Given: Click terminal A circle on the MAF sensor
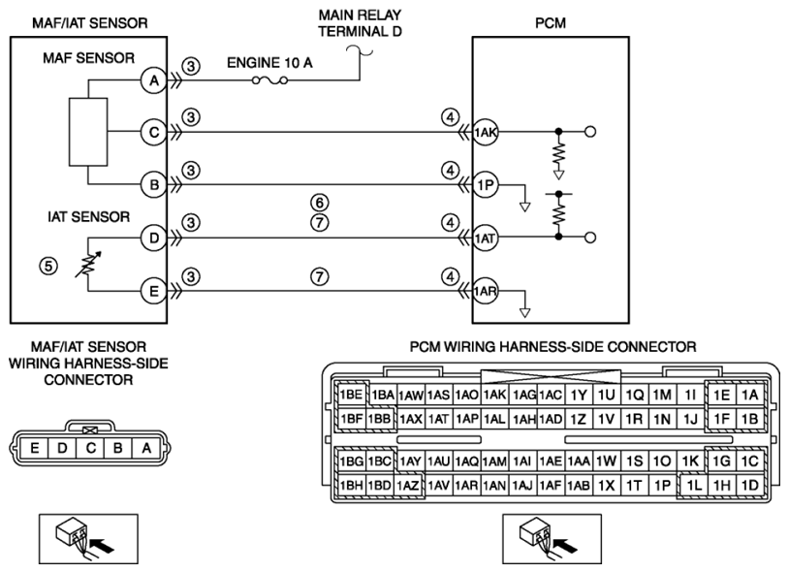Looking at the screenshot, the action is coord(154,80).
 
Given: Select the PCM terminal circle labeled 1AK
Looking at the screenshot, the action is coord(485,133).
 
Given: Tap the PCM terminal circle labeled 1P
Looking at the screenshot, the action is coord(485,185).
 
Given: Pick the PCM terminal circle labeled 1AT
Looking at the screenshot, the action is coord(485,238).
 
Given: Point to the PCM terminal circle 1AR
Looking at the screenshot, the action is coord(485,291).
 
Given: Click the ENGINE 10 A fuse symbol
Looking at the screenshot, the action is coord(269,80).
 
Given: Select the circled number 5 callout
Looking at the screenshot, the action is coord(48,266).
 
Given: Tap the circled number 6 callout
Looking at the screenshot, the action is coord(320,203).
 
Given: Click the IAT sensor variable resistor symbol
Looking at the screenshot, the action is coord(88,265).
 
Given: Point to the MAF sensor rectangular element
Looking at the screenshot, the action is coord(88,132).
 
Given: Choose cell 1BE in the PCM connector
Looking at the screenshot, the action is coord(351,395).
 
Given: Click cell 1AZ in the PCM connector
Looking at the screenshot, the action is coord(408,486).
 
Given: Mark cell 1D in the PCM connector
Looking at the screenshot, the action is coord(750,486).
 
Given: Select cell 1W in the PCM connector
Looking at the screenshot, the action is coord(607,461).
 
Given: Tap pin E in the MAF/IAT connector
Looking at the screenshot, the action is coord(34,448).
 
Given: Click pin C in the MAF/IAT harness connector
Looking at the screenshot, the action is coord(90,448).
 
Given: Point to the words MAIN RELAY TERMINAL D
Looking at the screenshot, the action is coord(360,23).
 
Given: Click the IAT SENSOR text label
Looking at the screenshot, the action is coord(88,217).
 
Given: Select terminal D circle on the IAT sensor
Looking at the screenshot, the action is coord(154,238).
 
